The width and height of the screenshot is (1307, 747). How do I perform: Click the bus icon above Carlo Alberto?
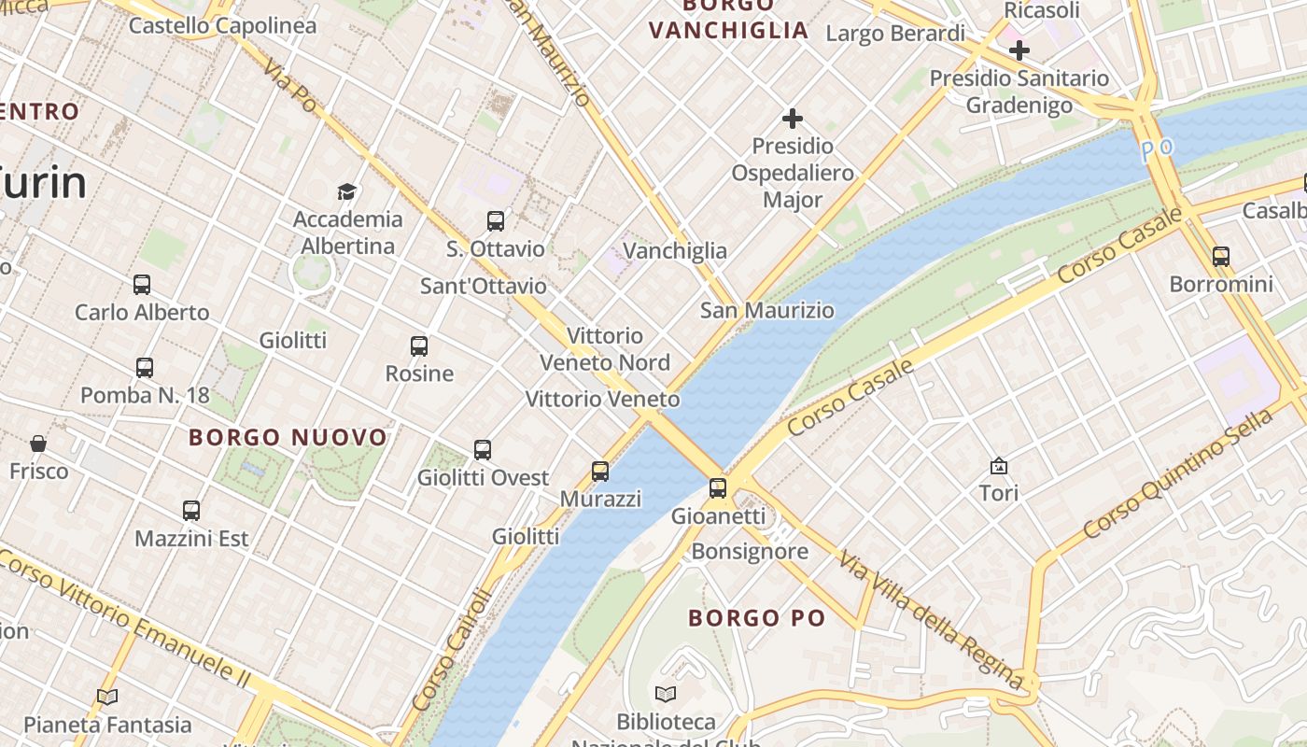click(x=142, y=285)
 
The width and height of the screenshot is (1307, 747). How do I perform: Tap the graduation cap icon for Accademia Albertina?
click(x=347, y=192)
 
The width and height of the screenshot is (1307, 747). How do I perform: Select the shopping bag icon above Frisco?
click(x=38, y=443)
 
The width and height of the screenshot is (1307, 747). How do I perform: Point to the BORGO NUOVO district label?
click(x=288, y=437)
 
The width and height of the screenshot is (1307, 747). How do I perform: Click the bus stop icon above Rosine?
click(x=419, y=346)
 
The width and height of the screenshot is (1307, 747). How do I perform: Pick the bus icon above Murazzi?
click(x=600, y=472)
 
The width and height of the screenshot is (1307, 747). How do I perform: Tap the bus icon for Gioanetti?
click(x=718, y=487)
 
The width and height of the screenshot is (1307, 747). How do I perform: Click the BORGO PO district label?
click(x=757, y=617)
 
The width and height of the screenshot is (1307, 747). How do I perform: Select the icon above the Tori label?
click(x=999, y=465)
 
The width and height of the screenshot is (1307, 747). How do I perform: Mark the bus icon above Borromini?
click(x=1221, y=256)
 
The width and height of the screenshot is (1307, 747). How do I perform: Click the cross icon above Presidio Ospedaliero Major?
click(x=793, y=119)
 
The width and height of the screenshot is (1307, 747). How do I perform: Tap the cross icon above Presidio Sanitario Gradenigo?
click(x=1019, y=49)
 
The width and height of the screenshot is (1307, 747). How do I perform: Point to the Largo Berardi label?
click(x=895, y=34)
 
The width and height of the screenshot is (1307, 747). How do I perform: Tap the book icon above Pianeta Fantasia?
click(x=107, y=697)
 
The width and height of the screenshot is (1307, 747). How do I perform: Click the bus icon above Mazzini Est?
click(x=191, y=511)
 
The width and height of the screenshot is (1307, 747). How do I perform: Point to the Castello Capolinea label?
click(x=223, y=25)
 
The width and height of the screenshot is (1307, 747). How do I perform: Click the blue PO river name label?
click(x=1159, y=149)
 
